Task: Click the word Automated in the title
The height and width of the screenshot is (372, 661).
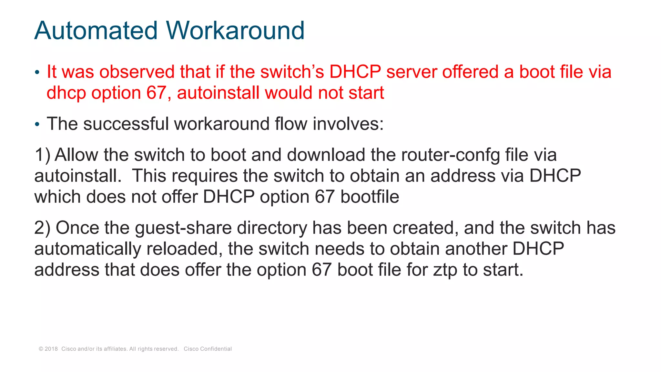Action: (96, 31)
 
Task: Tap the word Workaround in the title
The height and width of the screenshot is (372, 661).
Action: (235, 31)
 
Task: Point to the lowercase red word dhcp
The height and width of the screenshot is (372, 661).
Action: (66, 93)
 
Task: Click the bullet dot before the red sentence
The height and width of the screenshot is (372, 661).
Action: (37, 72)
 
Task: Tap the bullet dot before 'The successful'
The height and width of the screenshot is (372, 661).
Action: (37, 124)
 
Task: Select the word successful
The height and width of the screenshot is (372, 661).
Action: (126, 124)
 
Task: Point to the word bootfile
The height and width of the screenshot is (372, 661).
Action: (370, 197)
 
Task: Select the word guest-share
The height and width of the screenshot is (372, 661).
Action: (183, 228)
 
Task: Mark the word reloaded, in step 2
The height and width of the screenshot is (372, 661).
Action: (184, 249)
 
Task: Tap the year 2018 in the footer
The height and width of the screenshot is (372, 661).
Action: (51, 349)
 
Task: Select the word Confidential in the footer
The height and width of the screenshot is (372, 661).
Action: (216, 349)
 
